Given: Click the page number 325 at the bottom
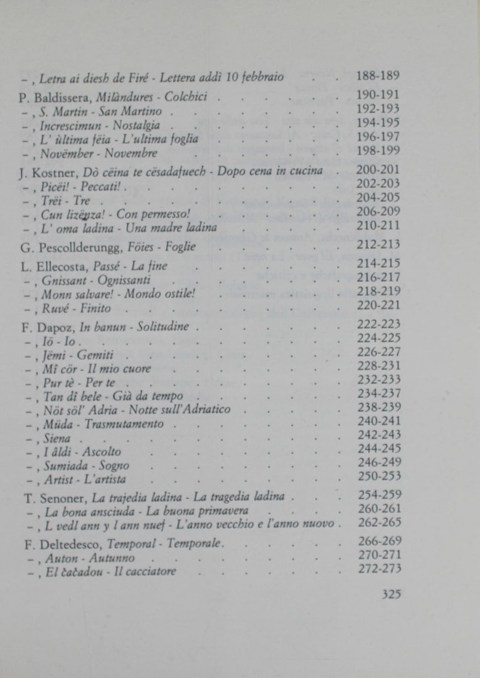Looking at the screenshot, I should (391, 595).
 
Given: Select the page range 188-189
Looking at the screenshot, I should (378, 76).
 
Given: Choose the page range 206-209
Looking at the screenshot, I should (378, 212).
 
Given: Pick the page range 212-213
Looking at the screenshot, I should (378, 245).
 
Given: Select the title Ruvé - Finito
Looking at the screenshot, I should (77, 309).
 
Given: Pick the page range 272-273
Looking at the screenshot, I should (378, 569).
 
